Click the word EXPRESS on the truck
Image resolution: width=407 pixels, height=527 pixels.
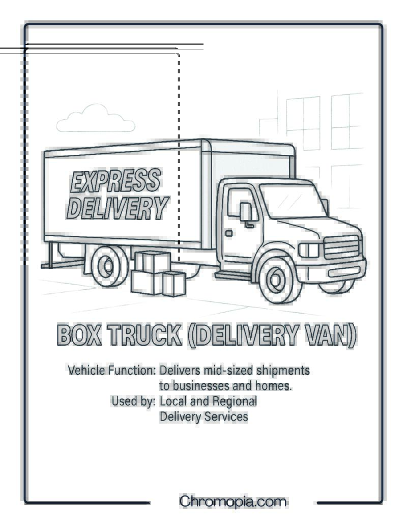point(115,181)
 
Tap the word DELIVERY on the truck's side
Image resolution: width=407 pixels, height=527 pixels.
point(118,207)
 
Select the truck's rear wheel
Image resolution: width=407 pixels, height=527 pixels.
point(109,266)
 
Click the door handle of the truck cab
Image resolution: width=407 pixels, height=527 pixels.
point(229,233)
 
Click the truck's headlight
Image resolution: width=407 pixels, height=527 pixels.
point(309,250)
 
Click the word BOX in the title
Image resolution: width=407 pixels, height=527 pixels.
point(79,335)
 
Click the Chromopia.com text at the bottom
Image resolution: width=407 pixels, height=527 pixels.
point(232,502)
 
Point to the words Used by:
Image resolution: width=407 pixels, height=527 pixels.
point(133,401)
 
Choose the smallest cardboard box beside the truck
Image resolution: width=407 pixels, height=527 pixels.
point(174,284)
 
